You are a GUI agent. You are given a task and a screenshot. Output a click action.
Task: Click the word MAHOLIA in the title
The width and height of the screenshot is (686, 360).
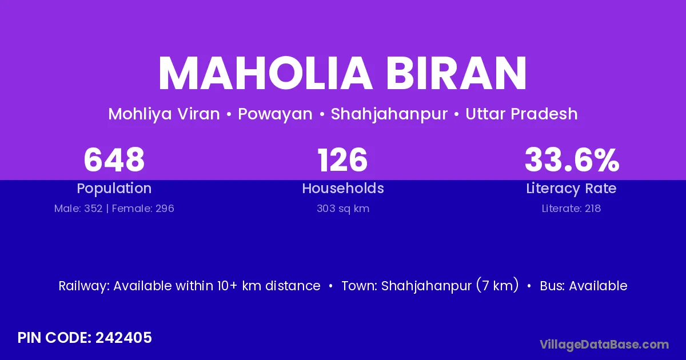click(265, 73)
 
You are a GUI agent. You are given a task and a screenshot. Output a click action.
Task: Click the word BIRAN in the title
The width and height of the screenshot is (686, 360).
click(456, 73)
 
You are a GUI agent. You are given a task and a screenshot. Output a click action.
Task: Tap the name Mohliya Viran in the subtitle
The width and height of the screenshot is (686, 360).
click(164, 114)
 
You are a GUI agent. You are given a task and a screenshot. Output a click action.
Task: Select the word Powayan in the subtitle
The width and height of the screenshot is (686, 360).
click(275, 114)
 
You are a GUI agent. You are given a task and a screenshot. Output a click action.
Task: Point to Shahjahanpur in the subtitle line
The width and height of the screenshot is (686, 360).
click(389, 114)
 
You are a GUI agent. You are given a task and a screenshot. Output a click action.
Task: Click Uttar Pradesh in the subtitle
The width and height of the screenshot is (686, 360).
click(521, 114)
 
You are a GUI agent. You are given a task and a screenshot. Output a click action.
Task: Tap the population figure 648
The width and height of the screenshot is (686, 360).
click(114, 159)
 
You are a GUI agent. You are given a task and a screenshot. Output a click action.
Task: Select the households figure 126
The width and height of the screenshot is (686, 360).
click(342, 160)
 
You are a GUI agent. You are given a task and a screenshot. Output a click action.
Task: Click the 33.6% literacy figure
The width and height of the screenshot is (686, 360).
click(572, 159)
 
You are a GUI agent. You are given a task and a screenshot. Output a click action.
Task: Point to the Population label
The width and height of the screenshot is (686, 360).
click(114, 189)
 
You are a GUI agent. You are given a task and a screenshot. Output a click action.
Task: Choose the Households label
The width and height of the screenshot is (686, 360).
click(343, 188)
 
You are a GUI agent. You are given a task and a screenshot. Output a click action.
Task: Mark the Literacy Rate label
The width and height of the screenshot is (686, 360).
click(571, 189)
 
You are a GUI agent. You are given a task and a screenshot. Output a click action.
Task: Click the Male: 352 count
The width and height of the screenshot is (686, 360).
click(78, 209)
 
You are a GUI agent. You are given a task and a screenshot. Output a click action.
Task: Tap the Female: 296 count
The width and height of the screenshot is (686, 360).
click(143, 209)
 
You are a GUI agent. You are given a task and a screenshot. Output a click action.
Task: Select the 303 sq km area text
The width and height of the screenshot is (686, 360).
click(343, 209)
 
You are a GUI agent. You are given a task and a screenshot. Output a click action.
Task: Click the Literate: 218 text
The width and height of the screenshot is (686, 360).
click(571, 209)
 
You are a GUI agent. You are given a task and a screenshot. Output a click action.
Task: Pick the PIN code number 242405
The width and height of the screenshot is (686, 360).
click(123, 338)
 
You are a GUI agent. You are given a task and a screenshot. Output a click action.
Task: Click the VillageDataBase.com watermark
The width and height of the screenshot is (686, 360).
click(604, 345)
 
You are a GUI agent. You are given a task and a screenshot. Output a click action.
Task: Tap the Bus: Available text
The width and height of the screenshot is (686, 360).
click(584, 286)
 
